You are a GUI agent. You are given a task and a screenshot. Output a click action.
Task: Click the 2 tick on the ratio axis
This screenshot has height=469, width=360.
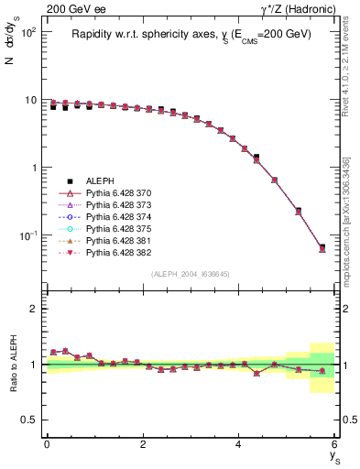33,309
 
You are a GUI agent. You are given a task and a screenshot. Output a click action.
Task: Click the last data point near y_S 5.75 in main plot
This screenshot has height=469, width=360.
322,248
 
